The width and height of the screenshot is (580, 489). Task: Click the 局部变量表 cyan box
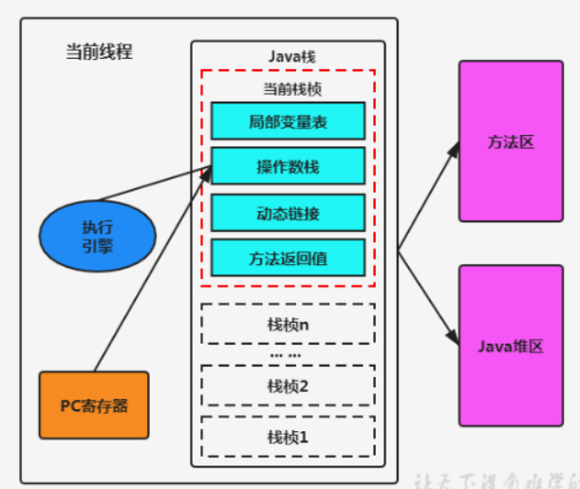(288, 121)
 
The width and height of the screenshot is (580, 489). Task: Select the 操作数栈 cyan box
(288, 167)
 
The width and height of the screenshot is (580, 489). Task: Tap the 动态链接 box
(288, 214)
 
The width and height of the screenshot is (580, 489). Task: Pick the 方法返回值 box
(288, 258)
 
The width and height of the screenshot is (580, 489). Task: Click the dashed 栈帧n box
(288, 325)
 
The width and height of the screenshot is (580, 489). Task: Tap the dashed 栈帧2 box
(288, 386)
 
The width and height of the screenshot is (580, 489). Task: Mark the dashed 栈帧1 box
(288, 437)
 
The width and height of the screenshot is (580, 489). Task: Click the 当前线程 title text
(99, 51)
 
